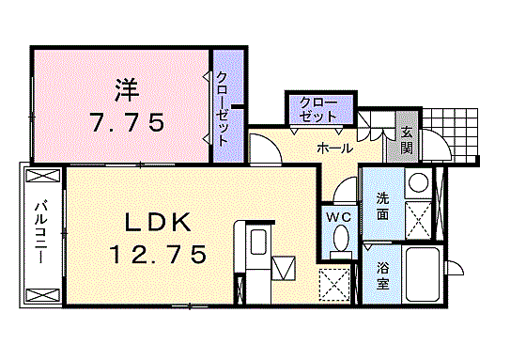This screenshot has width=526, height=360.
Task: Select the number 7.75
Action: click(x=128, y=122)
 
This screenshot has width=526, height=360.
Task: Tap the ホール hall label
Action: click(x=335, y=149)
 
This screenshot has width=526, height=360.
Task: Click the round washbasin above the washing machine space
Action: click(x=418, y=183)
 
